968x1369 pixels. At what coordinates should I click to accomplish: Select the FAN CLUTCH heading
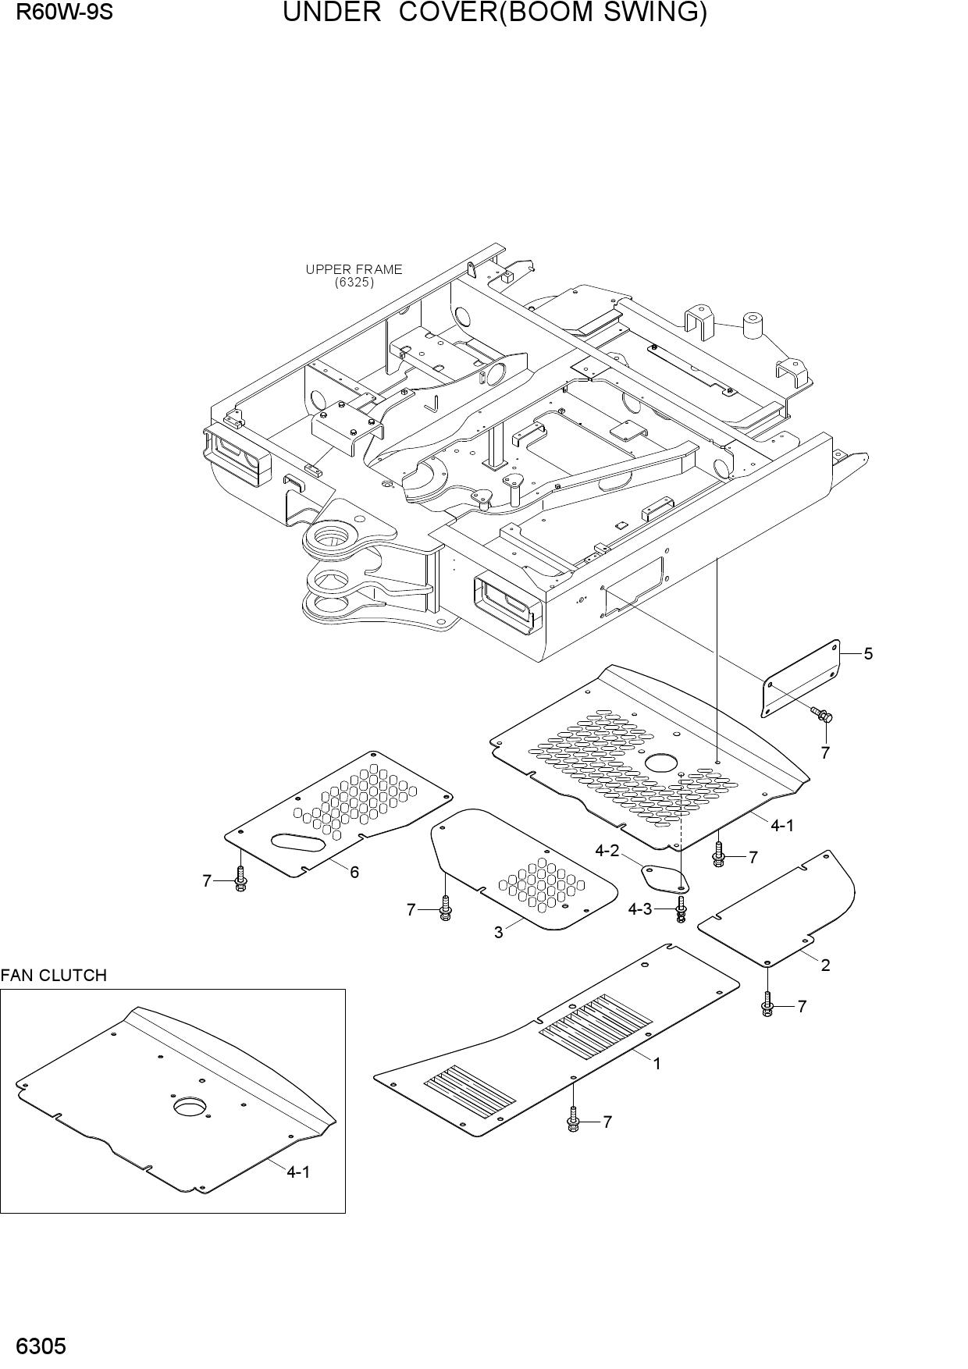(x=53, y=976)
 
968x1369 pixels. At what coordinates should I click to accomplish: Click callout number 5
(x=868, y=654)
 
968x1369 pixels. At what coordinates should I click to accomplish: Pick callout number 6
(x=354, y=872)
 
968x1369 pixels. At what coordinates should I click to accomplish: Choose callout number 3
(x=498, y=932)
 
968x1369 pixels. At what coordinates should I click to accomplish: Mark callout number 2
(x=825, y=965)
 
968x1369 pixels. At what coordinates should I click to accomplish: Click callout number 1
(x=657, y=1063)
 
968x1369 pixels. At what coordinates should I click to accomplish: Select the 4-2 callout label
(x=607, y=851)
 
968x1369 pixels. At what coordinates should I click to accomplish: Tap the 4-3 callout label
(x=640, y=909)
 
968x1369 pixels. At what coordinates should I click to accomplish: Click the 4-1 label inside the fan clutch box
(x=298, y=1172)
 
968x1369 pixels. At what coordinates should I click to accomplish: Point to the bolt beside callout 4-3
(x=681, y=909)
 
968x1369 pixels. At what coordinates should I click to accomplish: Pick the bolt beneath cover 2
(x=767, y=1004)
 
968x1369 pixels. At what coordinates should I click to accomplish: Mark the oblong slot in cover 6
(x=296, y=843)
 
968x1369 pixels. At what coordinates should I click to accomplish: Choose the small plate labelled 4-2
(x=664, y=877)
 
